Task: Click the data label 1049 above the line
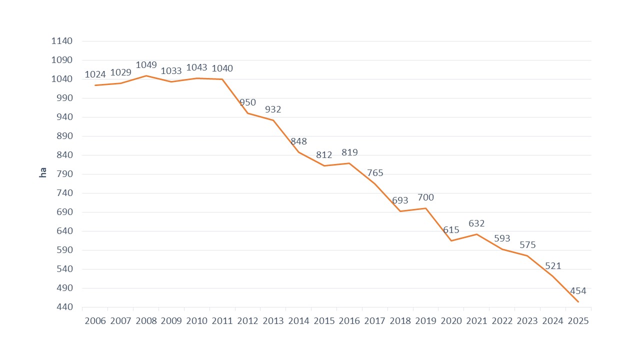click(146, 65)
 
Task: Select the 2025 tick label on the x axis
click(578, 321)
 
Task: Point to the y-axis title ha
click(43, 172)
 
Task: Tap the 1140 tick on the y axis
click(62, 41)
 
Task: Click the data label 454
click(578, 291)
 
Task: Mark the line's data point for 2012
click(247, 113)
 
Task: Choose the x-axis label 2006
click(95, 321)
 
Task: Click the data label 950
click(247, 102)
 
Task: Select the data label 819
click(349, 152)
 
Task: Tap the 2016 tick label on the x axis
click(349, 321)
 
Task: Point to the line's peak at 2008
click(146, 75)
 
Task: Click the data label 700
click(425, 197)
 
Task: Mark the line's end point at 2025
click(578, 301)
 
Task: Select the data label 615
click(451, 230)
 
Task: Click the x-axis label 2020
click(451, 321)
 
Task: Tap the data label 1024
click(95, 74)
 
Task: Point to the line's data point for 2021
click(476, 234)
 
